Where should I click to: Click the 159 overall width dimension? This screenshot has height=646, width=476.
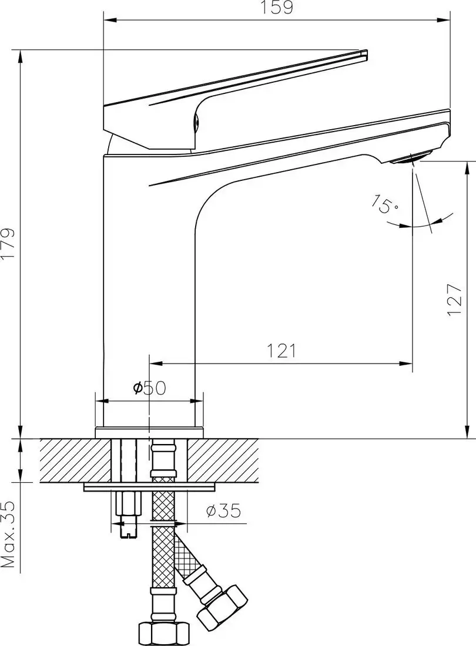click(277, 8)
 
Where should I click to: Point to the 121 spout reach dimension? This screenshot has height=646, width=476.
click(281, 351)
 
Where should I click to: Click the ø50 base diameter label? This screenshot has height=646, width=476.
click(150, 388)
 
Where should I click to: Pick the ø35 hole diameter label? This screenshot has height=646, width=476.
click(223, 512)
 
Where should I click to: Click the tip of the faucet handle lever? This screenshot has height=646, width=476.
click(363, 54)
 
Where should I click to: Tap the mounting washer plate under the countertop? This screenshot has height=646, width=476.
click(150, 487)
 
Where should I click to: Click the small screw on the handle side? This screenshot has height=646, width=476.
click(197, 122)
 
